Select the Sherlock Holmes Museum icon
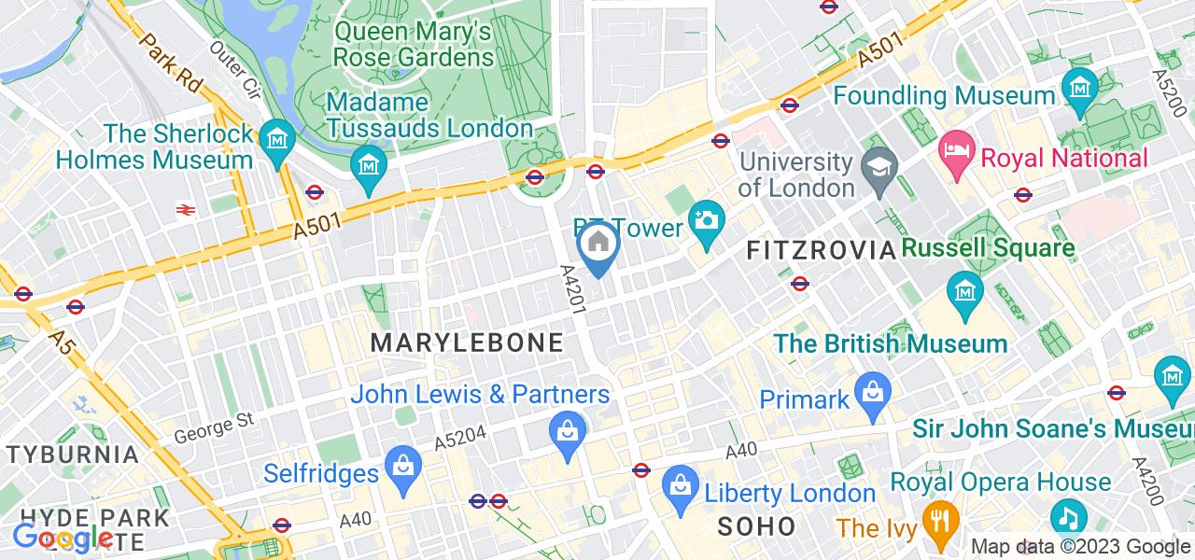point(277,141)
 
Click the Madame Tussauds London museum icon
point(369,165)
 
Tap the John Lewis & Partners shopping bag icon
point(567,431)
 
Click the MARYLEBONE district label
point(467,343)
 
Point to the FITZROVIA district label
point(822,250)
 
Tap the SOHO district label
point(756,525)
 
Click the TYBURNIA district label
point(73,455)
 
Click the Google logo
point(63,537)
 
